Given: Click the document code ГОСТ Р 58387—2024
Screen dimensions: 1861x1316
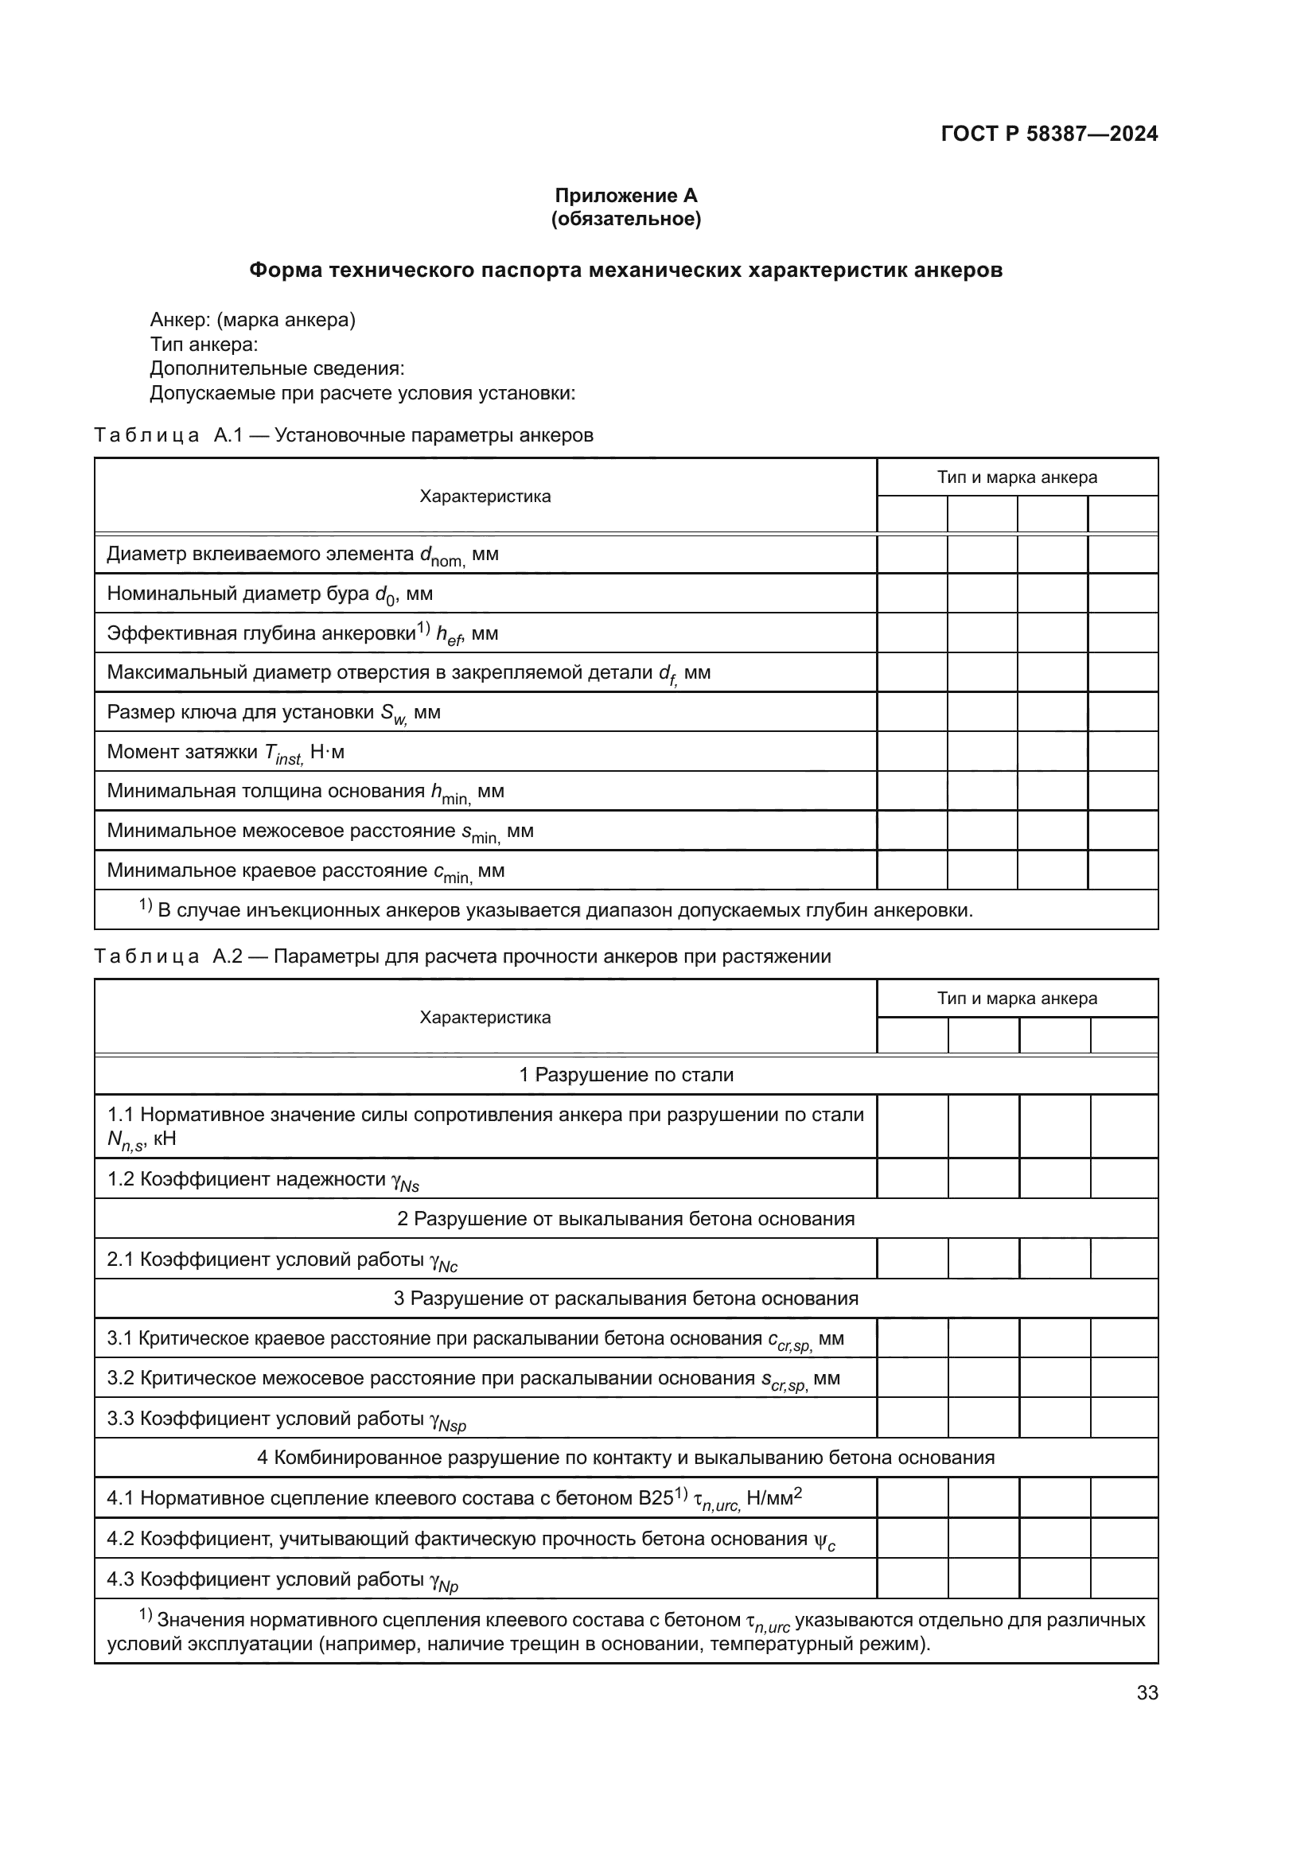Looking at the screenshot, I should [x=1049, y=134].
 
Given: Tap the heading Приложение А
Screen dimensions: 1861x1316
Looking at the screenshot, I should [x=625, y=196].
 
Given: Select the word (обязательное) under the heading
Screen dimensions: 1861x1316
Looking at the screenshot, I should [x=625, y=219].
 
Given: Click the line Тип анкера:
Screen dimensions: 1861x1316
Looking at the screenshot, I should [x=204, y=345].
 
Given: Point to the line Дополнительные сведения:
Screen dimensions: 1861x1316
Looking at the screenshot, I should [x=277, y=369].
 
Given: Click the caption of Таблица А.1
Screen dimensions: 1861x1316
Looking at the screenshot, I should [x=344, y=435].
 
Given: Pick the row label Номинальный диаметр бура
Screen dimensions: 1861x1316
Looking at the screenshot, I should [x=270, y=594].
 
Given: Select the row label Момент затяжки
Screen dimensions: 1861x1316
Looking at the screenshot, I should [x=225, y=753].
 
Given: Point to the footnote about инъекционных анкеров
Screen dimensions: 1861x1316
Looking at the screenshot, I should [x=556, y=910].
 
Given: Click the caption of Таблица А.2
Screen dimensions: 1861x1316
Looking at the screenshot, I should [x=462, y=956].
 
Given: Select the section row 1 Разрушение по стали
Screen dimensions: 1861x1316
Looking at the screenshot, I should [x=625, y=1075].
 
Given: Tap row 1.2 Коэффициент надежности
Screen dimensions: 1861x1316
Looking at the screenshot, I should [x=263, y=1180].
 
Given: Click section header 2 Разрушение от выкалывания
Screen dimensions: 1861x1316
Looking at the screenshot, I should [x=625, y=1219].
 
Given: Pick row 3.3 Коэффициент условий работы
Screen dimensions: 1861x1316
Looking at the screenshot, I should [x=286, y=1419].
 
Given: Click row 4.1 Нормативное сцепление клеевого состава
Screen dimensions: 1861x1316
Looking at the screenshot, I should [x=454, y=1499].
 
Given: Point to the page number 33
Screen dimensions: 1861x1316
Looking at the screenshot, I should [x=1147, y=1693].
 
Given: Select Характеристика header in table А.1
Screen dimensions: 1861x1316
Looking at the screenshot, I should [x=485, y=496].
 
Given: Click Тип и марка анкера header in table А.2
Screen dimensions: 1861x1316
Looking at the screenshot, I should [x=1017, y=999].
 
